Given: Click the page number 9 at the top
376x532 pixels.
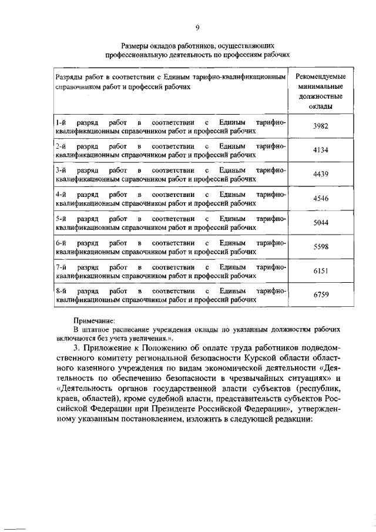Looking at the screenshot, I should (x=197, y=26).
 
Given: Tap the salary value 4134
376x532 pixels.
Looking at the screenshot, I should (x=320, y=150).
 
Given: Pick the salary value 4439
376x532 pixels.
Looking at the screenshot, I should (x=320, y=174).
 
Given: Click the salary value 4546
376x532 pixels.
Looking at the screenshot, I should (x=320, y=198).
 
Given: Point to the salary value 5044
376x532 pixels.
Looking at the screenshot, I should (x=320, y=223).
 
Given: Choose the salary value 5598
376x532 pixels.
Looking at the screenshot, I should (x=320, y=247).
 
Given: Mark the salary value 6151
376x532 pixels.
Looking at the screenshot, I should (x=320, y=271).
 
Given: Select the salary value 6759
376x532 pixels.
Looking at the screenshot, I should (x=320, y=295).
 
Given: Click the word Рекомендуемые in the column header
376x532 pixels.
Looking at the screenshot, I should (x=320, y=77).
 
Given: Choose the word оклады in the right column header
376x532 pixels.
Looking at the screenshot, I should (x=320, y=106).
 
